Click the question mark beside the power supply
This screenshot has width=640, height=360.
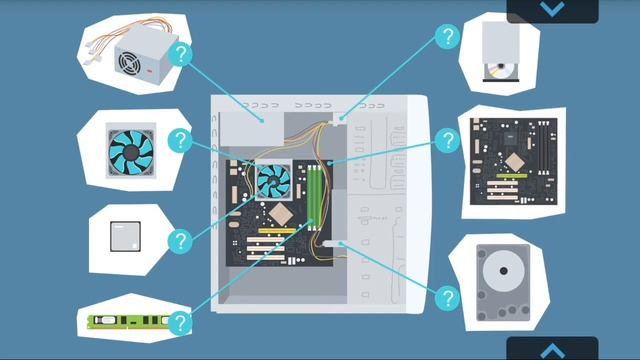(180, 55)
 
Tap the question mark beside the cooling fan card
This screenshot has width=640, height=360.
(180, 140)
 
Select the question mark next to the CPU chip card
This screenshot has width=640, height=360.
(180, 241)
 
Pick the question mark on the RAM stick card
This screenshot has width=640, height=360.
(180, 322)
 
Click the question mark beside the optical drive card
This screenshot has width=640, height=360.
(447, 38)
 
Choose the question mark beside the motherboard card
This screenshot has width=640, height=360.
(447, 140)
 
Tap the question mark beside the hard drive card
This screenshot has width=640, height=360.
(447, 297)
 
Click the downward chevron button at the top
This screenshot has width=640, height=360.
(552, 9)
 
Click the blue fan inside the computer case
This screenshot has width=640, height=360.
(273, 181)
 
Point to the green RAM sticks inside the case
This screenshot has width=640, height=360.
(313, 195)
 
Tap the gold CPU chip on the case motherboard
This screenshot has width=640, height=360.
(280, 213)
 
